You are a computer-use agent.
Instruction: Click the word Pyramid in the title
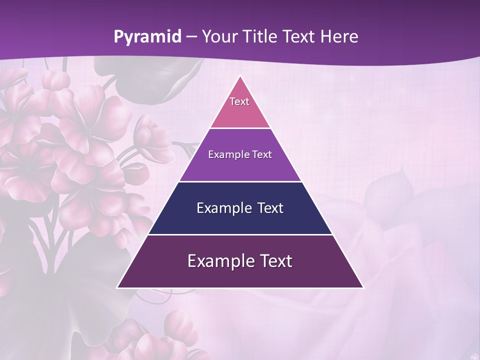click(x=147, y=37)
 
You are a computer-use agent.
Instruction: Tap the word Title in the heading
click(x=261, y=36)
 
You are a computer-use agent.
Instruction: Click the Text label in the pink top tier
click(x=239, y=101)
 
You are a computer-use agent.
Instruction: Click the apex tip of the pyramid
click(x=240, y=76)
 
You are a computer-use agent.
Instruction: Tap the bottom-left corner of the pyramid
click(x=118, y=287)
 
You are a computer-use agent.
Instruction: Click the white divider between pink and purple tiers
click(x=240, y=128)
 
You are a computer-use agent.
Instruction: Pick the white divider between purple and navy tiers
click(x=240, y=181)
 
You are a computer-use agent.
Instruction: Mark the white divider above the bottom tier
click(x=240, y=234)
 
